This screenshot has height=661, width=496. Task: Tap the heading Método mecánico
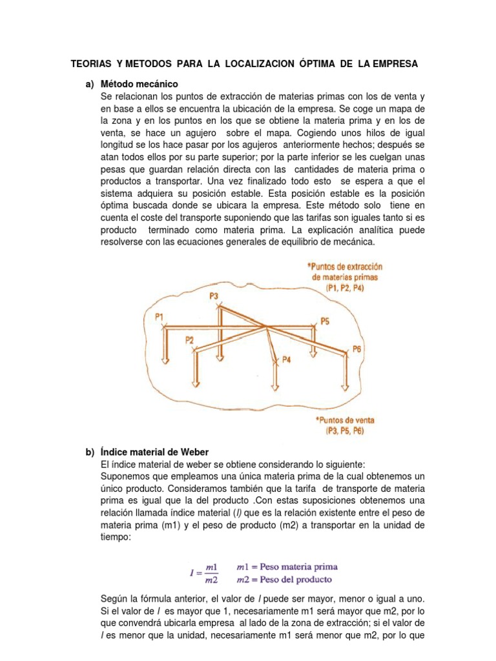coord(139,85)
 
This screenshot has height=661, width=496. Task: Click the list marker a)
coord(90,85)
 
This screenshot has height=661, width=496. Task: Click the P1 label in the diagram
coord(159,316)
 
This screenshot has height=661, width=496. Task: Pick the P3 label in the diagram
coord(215,295)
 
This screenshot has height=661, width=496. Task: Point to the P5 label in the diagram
coord(325,321)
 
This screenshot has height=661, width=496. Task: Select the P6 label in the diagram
coord(358,349)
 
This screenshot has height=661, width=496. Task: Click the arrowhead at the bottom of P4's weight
coord(275,387)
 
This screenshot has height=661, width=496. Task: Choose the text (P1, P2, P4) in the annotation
coord(345,289)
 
